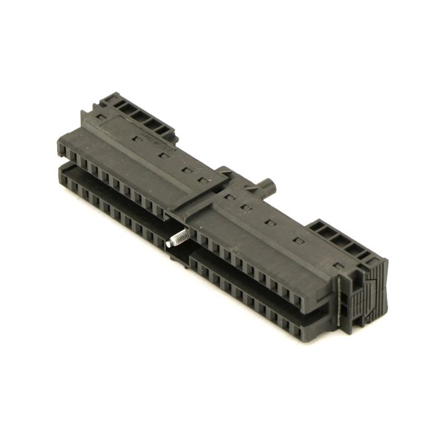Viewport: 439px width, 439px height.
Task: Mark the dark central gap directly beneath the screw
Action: pyautogui.click(x=180, y=257)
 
